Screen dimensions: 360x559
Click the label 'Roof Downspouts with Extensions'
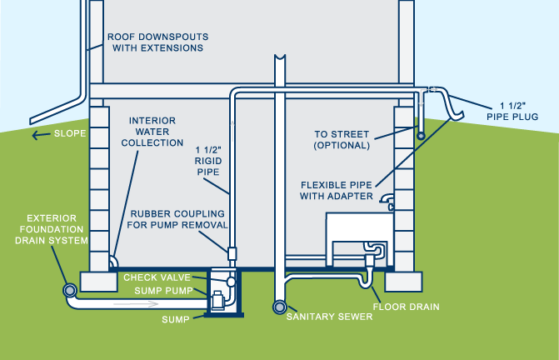pos(155,42)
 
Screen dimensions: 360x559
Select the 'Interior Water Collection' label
pos(156,132)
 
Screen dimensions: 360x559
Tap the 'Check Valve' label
pos(157,277)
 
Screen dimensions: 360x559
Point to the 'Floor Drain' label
pos(407,307)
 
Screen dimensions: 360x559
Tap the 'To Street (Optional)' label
pos(342,139)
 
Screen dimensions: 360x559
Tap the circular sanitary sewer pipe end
pos(277,307)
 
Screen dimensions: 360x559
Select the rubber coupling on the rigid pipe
pos(232,251)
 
